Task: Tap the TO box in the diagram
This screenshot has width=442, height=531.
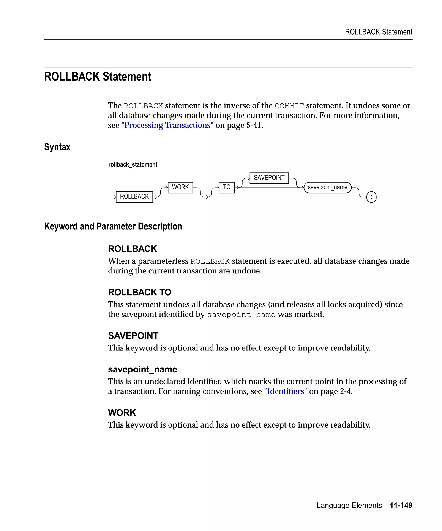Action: pyautogui.click(x=227, y=187)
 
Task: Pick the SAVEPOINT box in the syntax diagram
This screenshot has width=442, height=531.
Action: pyautogui.click(x=269, y=178)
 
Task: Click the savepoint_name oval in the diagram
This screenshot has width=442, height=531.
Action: pyautogui.click(x=327, y=187)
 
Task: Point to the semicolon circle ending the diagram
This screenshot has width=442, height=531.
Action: pyautogui.click(x=371, y=197)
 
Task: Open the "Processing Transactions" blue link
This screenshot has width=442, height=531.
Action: pyautogui.click(x=167, y=125)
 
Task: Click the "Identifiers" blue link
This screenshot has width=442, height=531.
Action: pyautogui.click(x=285, y=391)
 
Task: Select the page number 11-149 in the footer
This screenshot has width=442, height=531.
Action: pyautogui.click(x=401, y=505)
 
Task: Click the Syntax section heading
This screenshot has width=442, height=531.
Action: pyautogui.click(x=57, y=147)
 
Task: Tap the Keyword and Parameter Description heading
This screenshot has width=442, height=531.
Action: pyautogui.click(x=113, y=226)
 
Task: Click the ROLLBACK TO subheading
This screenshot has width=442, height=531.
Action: pyautogui.click(x=139, y=292)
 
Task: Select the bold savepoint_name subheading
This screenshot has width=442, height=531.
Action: pyautogui.click(x=142, y=369)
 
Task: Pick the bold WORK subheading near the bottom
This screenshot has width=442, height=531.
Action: pyautogui.click(x=122, y=413)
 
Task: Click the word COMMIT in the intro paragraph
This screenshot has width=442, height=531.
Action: pyautogui.click(x=289, y=106)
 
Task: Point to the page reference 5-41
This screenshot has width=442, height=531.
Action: pyautogui.click(x=254, y=125)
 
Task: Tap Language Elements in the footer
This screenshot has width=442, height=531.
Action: pyautogui.click(x=349, y=505)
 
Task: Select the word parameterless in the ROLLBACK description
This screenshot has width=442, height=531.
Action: pyautogui.click(x=163, y=261)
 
